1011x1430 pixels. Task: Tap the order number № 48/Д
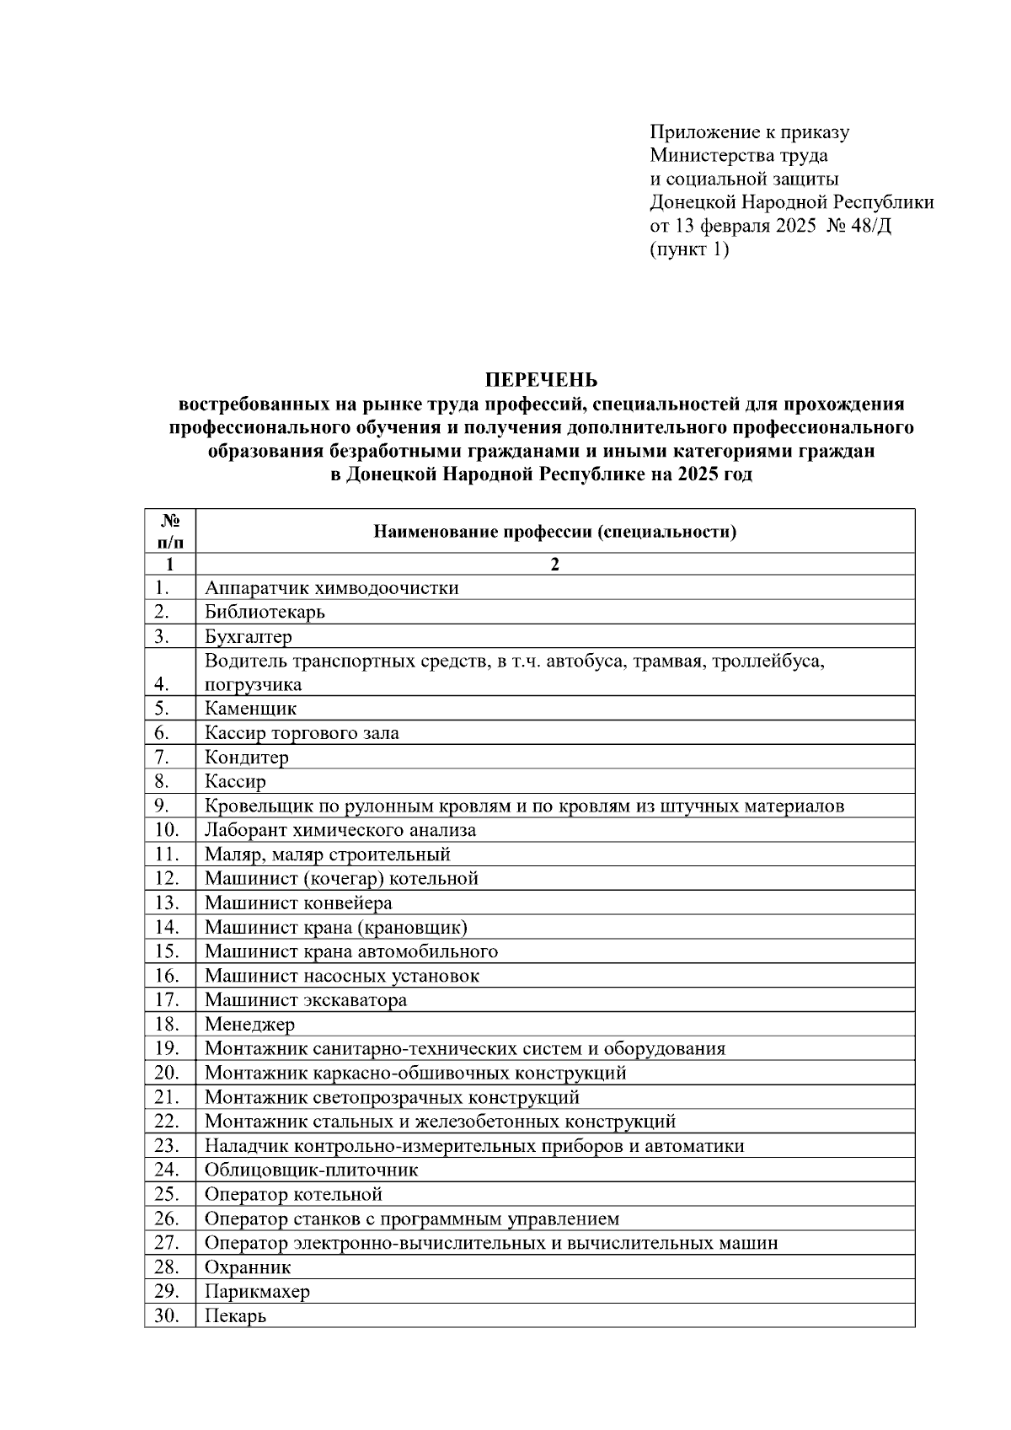[860, 226]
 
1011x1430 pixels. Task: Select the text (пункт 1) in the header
[688, 249]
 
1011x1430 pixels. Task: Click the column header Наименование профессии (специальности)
[554, 532]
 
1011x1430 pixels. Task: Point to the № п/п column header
[169, 531]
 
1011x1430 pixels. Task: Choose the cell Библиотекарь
[265, 612]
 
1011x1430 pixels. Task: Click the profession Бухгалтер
[249, 636]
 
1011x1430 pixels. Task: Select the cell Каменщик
[250, 709]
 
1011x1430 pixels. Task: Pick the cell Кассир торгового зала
[302, 733]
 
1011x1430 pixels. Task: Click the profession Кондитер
[247, 758]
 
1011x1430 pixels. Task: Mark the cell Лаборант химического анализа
[340, 830]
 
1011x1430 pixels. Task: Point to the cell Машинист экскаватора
[306, 1000]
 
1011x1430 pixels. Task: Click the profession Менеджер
[249, 1025]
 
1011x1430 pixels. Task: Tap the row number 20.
[167, 1073]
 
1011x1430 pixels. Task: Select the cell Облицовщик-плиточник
[311, 1170]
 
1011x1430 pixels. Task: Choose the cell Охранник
[248, 1267]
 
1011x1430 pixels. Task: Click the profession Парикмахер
[257, 1292]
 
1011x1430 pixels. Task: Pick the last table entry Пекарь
[235, 1316]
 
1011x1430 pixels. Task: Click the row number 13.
[167, 903]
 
